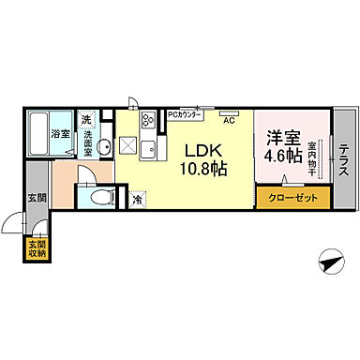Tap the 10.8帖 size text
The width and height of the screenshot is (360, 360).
202,170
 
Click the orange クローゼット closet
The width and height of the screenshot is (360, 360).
292,199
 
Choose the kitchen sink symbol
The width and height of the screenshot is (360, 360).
147,147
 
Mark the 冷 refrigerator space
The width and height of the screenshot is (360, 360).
138,200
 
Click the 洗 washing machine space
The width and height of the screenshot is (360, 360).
86,119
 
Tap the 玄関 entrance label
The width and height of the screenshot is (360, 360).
36,197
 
